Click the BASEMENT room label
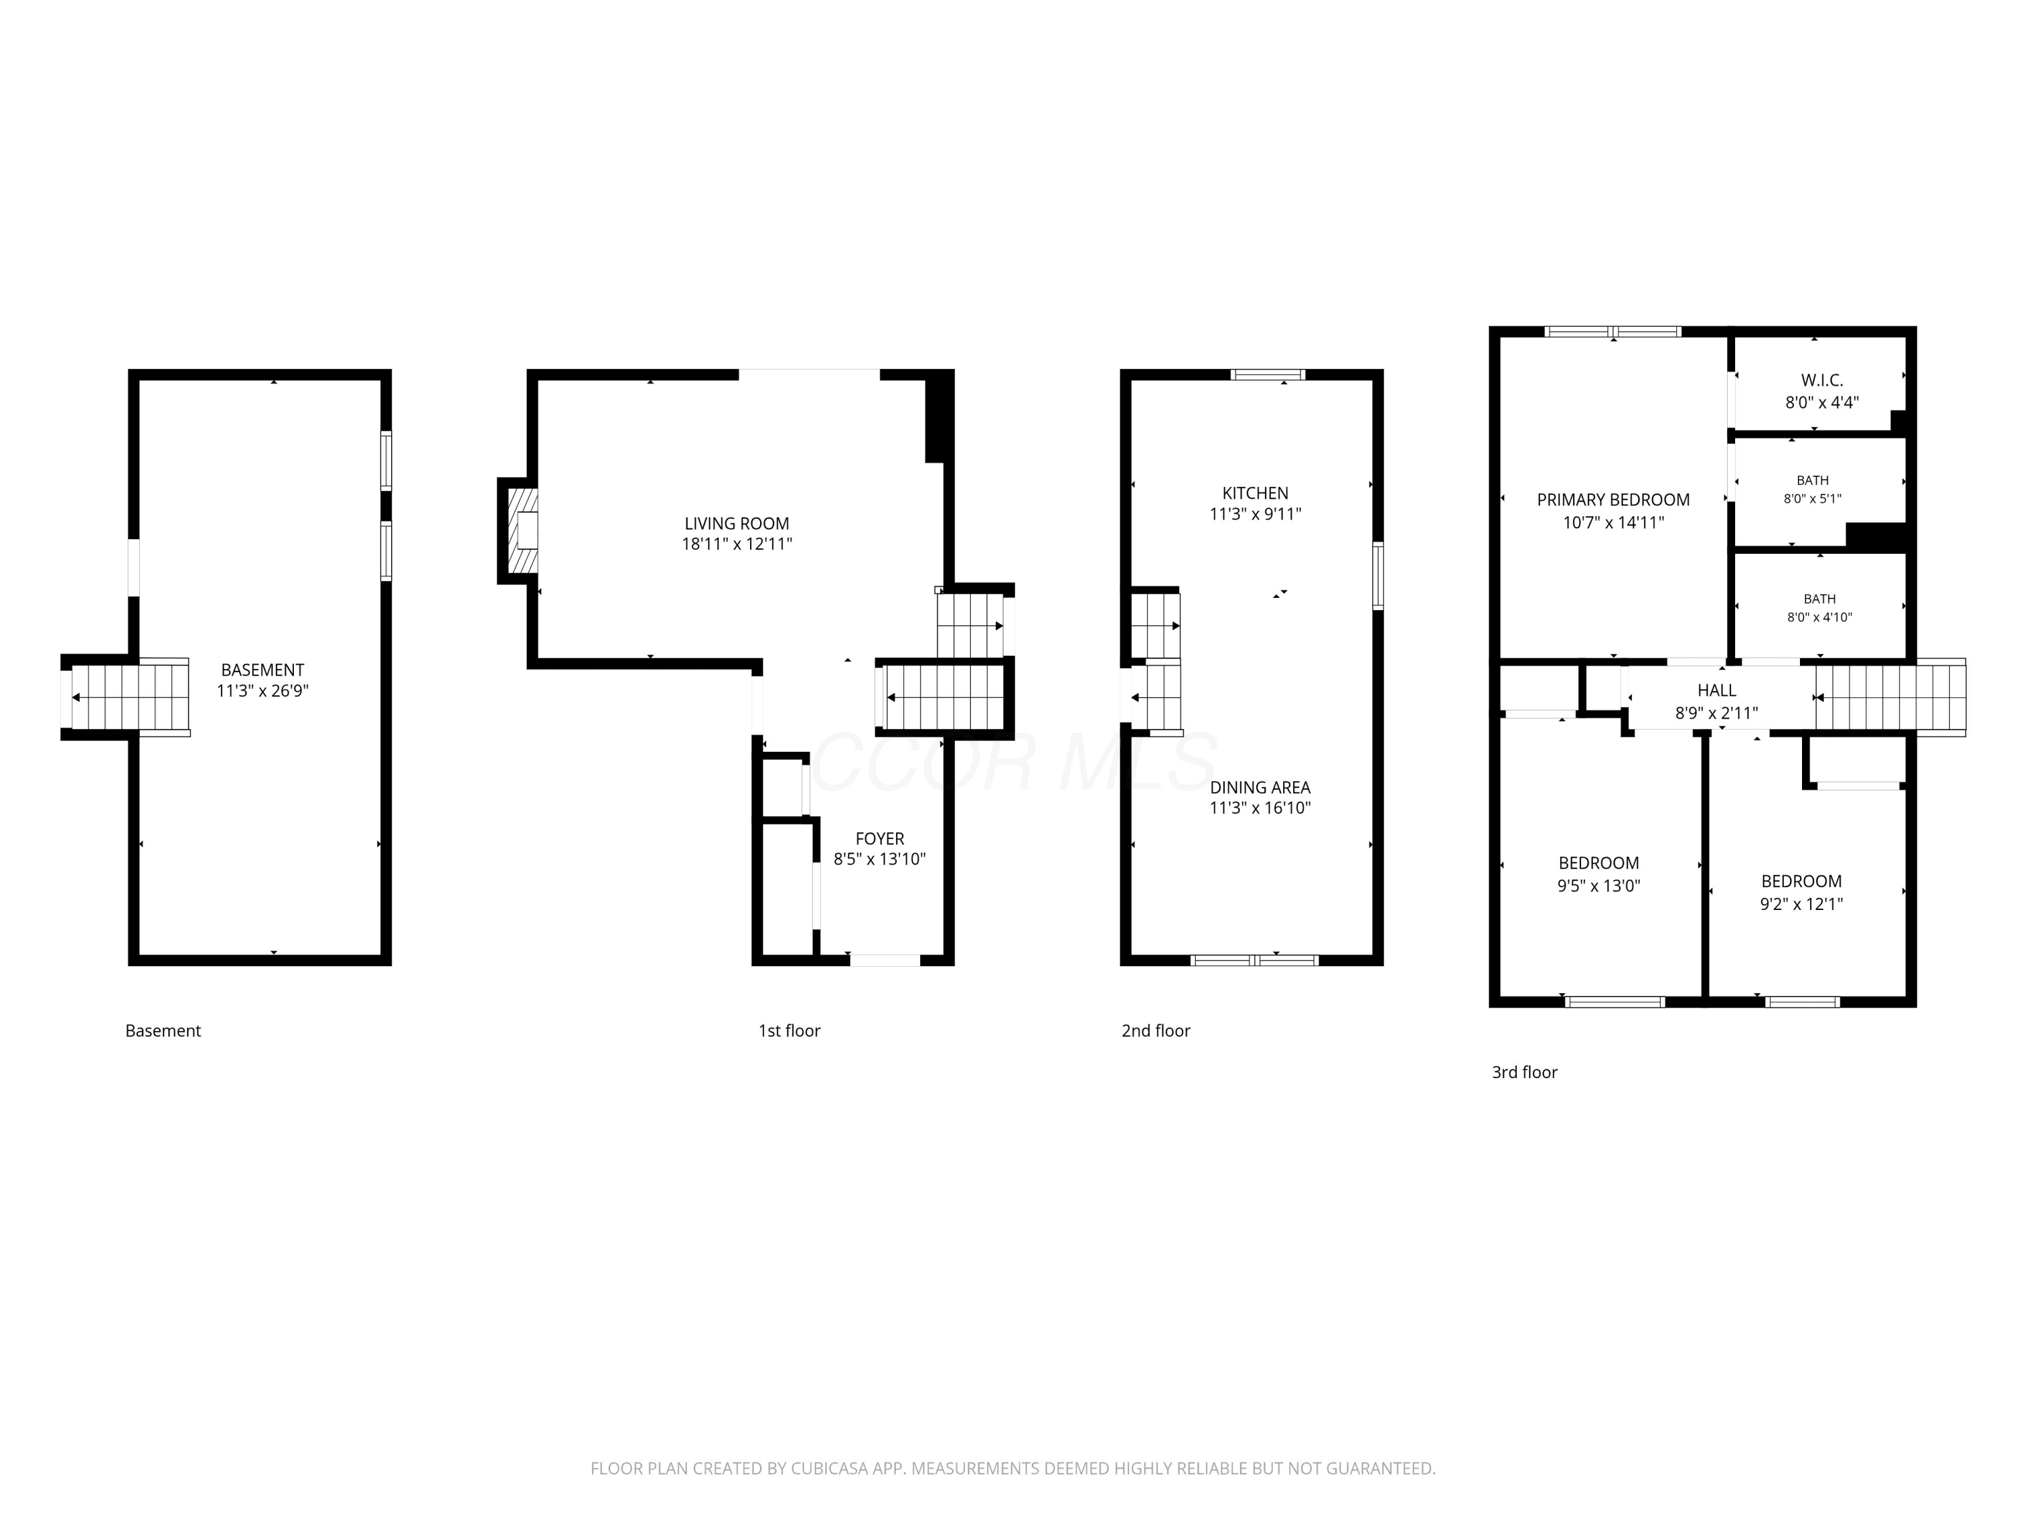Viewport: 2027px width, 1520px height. (x=262, y=669)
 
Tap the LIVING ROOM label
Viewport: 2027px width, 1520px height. (x=736, y=523)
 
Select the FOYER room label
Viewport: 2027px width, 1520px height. (x=880, y=838)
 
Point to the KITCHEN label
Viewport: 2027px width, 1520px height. (x=1255, y=493)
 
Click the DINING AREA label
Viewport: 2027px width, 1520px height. (x=1260, y=787)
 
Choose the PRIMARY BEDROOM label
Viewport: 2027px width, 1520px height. (x=1613, y=499)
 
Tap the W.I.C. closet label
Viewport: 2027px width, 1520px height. (x=1822, y=379)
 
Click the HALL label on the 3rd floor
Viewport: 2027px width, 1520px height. (x=1716, y=690)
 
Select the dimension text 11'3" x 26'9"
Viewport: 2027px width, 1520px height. (x=262, y=691)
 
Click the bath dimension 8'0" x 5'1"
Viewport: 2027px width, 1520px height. (x=1813, y=499)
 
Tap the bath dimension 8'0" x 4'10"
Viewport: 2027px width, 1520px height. (x=1820, y=617)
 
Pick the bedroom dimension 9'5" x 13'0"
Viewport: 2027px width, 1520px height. (x=1599, y=886)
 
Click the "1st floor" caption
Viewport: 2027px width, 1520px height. (x=789, y=1031)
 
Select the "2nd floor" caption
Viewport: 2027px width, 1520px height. (x=1155, y=1031)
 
